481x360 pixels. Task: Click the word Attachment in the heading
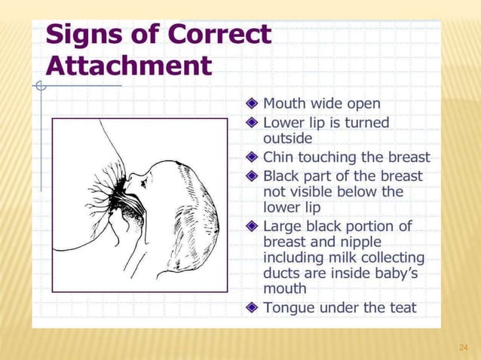pyautogui.click(x=129, y=66)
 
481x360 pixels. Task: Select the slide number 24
pyautogui.click(x=464, y=347)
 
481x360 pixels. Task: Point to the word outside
pyautogui.click(x=287, y=139)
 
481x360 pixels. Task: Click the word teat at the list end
pyautogui.click(x=400, y=307)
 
